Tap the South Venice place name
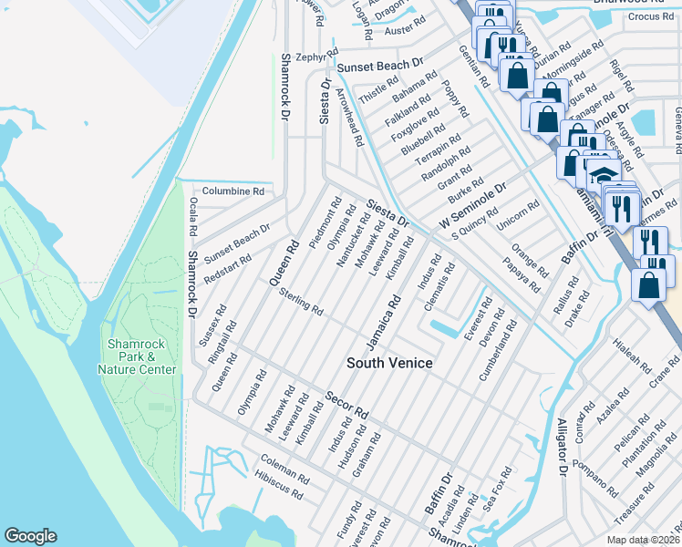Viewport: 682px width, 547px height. point(389,363)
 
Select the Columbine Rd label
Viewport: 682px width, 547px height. point(232,191)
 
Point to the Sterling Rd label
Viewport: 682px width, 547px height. point(302,303)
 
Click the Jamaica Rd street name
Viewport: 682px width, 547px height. point(385,320)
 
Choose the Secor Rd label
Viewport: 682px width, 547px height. point(346,406)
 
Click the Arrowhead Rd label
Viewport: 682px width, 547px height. point(350,118)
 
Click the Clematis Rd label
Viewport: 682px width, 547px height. point(444,286)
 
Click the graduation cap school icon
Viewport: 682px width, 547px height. point(601,172)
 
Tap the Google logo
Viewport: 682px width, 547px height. point(30,536)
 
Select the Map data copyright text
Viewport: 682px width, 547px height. point(644,540)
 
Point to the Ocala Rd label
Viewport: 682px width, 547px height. point(192,217)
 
